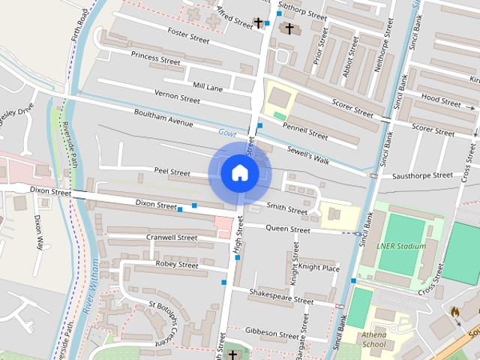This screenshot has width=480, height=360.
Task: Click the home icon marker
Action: (239, 173)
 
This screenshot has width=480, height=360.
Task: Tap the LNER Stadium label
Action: (402, 245)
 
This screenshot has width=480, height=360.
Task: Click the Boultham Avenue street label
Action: (163, 118)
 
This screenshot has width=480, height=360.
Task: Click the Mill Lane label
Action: (208, 87)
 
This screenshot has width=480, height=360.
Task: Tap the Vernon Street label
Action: (177, 97)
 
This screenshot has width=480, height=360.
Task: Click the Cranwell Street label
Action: (172, 238)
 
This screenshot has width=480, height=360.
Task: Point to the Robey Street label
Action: (177, 265)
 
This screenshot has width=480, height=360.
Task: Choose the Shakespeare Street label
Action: (281, 296)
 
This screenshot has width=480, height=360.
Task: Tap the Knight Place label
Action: (319, 267)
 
